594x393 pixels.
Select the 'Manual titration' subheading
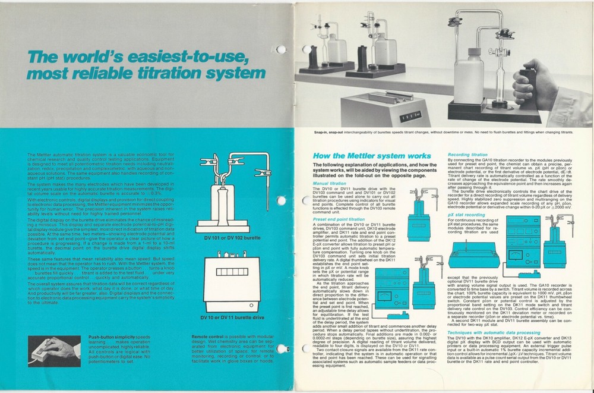(x=329, y=184)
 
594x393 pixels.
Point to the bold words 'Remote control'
(x=207, y=337)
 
